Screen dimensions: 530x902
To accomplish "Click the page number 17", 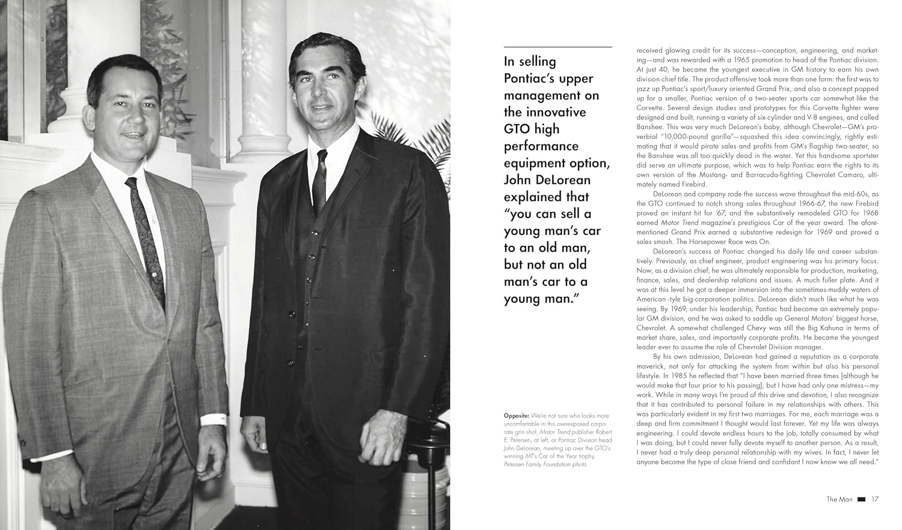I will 875,499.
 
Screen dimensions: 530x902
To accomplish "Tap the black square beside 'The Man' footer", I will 861,499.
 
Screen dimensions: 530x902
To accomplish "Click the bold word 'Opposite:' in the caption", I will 517,416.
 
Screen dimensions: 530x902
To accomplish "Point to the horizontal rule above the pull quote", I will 557,46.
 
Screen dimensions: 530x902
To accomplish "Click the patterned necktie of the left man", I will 146,240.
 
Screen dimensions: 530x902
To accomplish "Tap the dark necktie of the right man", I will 321,180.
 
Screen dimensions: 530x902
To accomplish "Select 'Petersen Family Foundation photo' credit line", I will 545,465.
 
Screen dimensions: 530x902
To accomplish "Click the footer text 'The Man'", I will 839,499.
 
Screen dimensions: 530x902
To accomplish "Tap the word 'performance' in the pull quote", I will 541,146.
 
